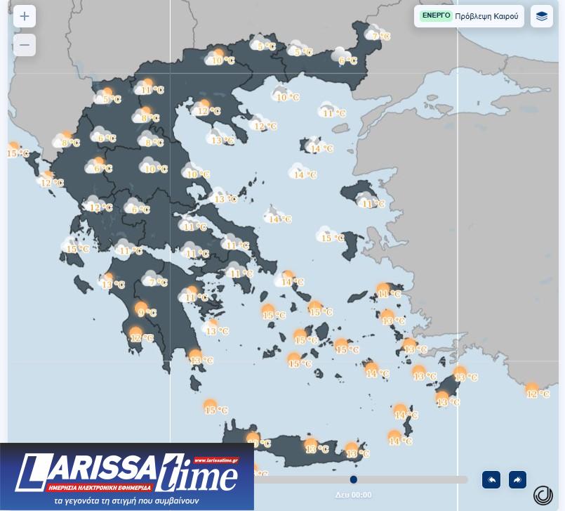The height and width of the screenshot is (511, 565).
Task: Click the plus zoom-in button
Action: point(25,16)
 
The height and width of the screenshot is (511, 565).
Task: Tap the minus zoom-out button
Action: point(25,45)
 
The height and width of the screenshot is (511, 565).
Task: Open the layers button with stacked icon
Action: point(541,16)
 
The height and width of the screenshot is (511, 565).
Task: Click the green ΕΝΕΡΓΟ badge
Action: point(436,15)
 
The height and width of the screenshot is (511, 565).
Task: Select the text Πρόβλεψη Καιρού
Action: point(486,16)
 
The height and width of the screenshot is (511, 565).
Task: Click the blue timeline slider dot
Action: point(354,479)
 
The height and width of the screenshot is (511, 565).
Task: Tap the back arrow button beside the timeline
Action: point(491,479)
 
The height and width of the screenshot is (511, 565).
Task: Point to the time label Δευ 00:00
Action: point(353,495)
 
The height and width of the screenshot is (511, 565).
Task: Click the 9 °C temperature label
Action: point(147,313)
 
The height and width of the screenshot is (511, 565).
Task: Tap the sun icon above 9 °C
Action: point(141,306)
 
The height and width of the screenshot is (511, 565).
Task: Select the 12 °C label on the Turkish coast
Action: point(538,394)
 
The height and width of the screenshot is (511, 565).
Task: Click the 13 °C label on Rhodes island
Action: point(448,403)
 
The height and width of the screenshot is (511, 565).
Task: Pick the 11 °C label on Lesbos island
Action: point(373,204)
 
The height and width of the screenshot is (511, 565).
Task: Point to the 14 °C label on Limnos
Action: point(321,149)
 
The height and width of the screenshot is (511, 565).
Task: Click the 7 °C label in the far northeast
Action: point(381,37)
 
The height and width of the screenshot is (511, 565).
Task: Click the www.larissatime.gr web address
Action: point(215,460)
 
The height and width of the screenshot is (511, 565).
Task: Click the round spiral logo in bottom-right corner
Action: point(543,495)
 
